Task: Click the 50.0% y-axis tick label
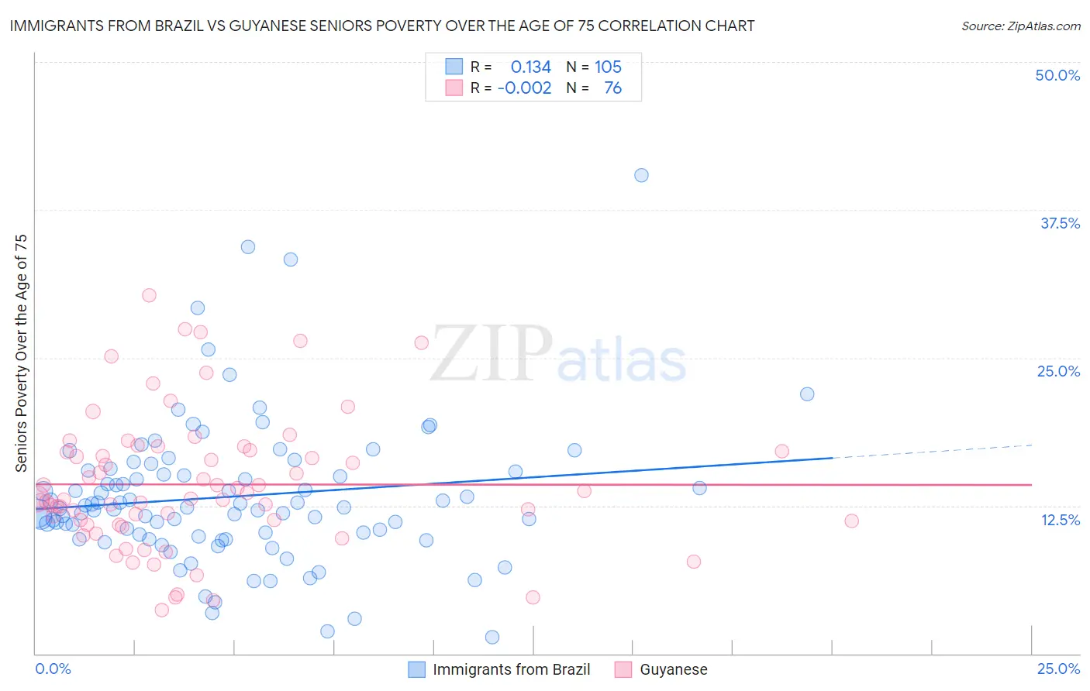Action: [1057, 75]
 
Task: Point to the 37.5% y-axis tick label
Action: [1060, 223]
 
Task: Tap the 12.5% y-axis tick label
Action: [1060, 520]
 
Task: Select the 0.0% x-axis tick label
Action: [53, 669]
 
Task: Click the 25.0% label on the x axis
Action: [1058, 669]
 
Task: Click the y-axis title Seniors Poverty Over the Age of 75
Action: [21, 352]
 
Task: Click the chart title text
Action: [382, 26]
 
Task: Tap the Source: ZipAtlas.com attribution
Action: [1020, 26]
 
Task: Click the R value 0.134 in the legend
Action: [530, 67]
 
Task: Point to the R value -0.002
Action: [524, 88]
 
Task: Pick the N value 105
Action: [608, 67]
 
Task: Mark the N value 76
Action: [612, 88]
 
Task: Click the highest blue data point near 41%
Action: [641, 175]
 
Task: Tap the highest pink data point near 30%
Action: [149, 295]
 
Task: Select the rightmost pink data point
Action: [851, 521]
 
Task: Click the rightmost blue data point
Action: [807, 394]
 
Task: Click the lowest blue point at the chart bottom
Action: [492, 637]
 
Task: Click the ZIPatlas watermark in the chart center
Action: [558, 354]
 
